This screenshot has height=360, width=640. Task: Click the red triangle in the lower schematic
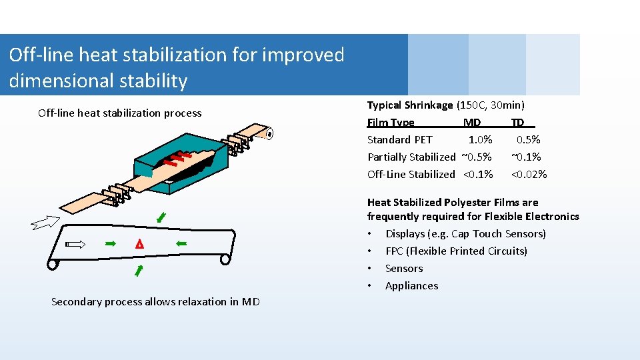(x=139, y=245)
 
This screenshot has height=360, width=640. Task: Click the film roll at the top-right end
(x=269, y=134)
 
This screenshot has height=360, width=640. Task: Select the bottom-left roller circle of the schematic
(x=52, y=264)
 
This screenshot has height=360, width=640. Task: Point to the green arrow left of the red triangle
(x=111, y=245)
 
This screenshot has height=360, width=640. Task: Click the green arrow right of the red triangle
(x=181, y=245)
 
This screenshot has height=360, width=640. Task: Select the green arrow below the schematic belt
(x=139, y=270)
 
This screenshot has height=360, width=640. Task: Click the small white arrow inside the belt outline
(x=76, y=245)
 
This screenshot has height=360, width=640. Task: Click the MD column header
(x=471, y=123)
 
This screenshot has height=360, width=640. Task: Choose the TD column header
(x=517, y=123)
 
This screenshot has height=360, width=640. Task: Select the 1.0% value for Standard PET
(x=480, y=140)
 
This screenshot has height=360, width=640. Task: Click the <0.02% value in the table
(x=529, y=175)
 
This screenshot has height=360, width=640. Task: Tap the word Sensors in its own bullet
(x=404, y=269)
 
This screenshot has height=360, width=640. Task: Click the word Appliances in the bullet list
(x=411, y=286)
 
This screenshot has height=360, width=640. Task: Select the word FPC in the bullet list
(x=394, y=251)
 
